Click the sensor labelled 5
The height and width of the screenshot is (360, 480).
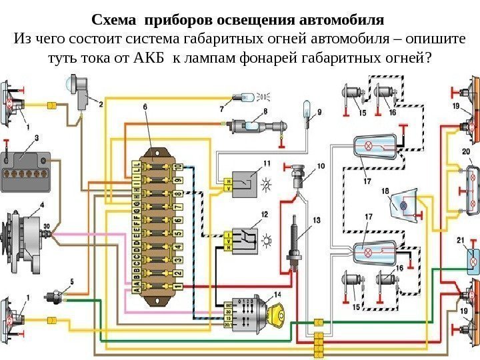57,295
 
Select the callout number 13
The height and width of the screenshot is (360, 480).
315,219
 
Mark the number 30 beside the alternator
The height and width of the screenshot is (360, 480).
47,227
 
